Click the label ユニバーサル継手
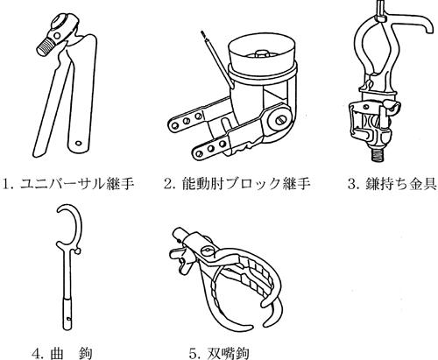[x=77, y=184]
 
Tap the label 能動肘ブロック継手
[x=245, y=184]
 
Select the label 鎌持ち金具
[x=400, y=184]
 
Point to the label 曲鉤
[x=71, y=353]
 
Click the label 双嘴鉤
[x=228, y=353]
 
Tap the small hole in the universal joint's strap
[x=78, y=143]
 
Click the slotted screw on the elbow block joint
[x=279, y=120]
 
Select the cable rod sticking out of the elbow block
[x=217, y=60]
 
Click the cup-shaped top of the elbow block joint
[x=262, y=55]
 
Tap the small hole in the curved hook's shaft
[x=68, y=319]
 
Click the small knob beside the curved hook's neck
[x=78, y=251]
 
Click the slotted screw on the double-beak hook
[x=207, y=251]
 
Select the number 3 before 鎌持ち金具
[x=353, y=184]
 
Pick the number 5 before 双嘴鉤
[x=194, y=354]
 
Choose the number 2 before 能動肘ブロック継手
[x=170, y=184]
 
